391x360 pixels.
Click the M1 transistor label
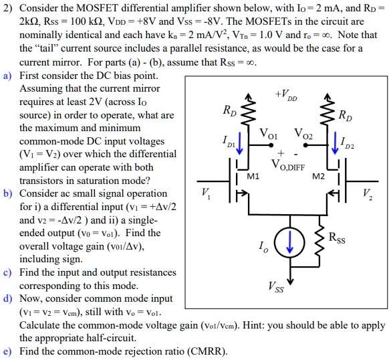[x=253, y=177]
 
